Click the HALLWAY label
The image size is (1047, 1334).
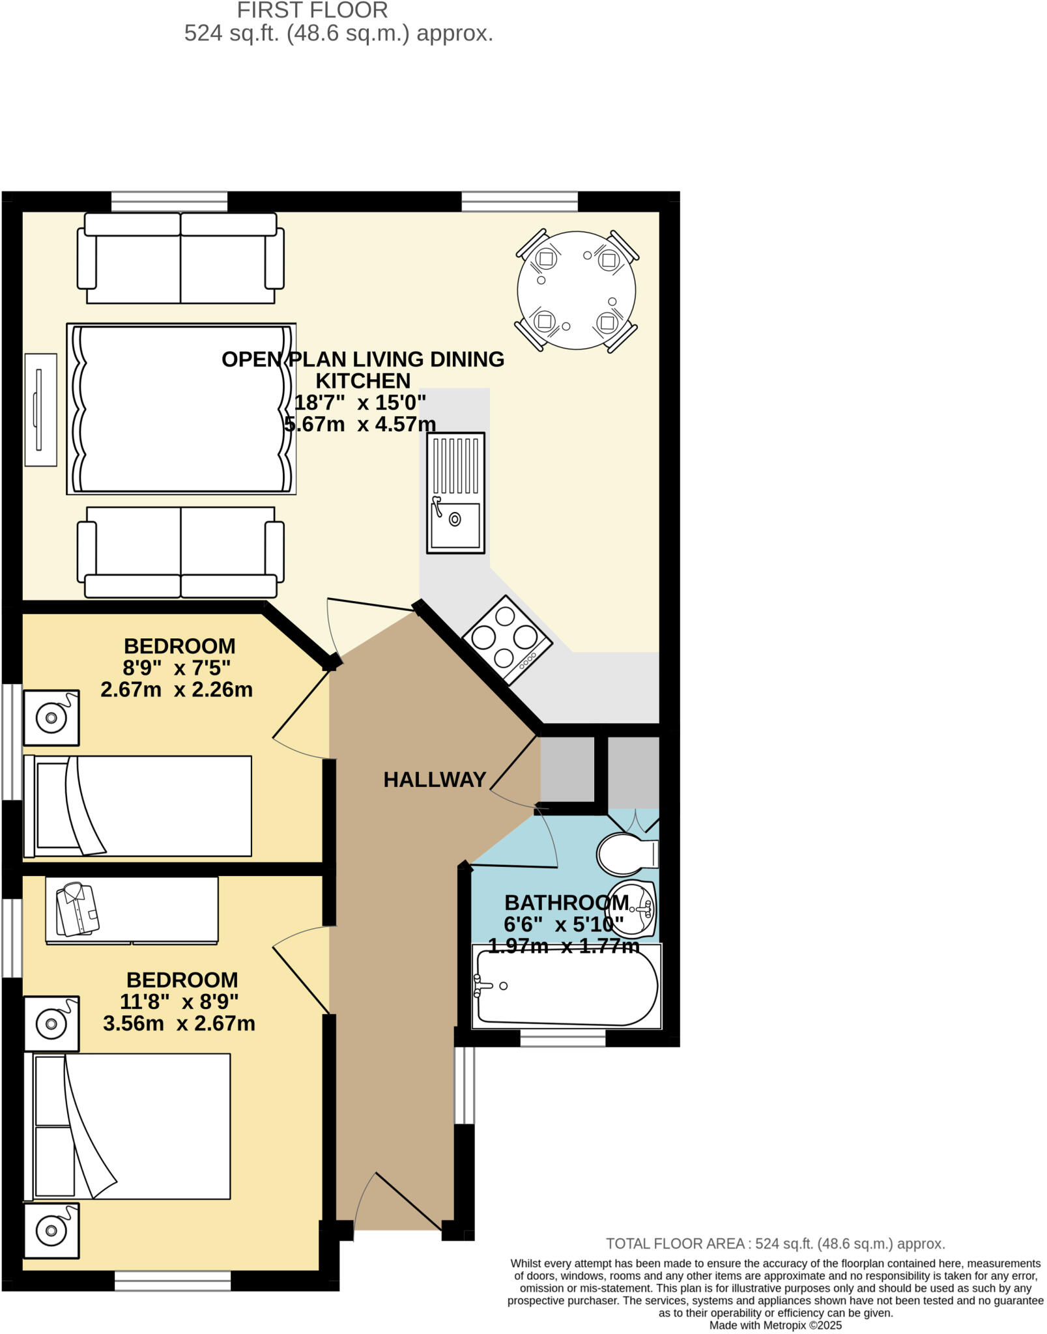[435, 779]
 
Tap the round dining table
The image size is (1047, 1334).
[576, 291]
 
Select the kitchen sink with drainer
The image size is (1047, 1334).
[455, 493]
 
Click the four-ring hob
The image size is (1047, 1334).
[507, 640]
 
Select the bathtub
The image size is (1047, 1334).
[567, 986]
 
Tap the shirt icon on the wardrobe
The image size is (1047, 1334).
[77, 909]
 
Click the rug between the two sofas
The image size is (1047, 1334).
[181, 408]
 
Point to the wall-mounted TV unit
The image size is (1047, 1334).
[40, 410]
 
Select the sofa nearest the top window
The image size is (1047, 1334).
[180, 258]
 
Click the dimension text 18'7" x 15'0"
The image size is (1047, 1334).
[360, 403]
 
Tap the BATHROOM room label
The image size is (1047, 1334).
[566, 903]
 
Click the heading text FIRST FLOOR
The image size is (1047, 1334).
[312, 10]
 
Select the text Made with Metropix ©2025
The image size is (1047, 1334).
[775, 1325]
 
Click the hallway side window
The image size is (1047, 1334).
[464, 1085]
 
